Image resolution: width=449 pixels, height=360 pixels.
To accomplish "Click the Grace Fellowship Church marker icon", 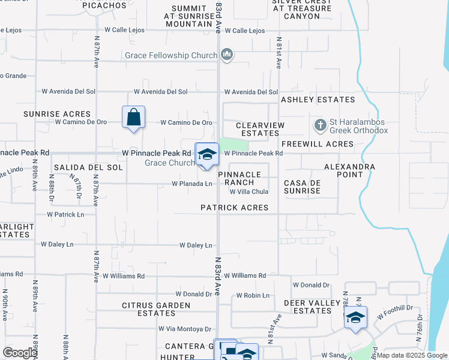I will coord(226,56).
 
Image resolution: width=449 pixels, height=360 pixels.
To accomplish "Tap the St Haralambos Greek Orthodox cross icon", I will coord(320,125).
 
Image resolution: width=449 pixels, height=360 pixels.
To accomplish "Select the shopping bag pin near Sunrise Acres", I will coord(133,117).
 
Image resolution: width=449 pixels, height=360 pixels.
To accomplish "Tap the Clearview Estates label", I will coord(261,128).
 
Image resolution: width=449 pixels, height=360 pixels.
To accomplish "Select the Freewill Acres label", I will coord(317,144).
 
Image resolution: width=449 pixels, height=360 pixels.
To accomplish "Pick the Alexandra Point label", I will coord(349,170).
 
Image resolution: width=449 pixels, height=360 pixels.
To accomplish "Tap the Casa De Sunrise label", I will coord(302,186).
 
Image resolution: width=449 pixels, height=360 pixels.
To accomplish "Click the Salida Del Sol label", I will coord(88,167).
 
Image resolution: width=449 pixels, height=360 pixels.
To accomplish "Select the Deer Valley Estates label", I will coord(312,307).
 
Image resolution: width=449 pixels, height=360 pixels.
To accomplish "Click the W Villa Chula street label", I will coord(249,192).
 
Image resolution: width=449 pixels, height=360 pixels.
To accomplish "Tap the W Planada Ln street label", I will coord(192,184).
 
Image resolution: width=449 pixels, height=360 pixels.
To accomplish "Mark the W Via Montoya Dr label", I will coord(185,328).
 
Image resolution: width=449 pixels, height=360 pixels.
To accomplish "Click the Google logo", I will coord(20,353).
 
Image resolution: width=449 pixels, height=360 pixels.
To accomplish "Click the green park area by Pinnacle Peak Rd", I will coord(234,145).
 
